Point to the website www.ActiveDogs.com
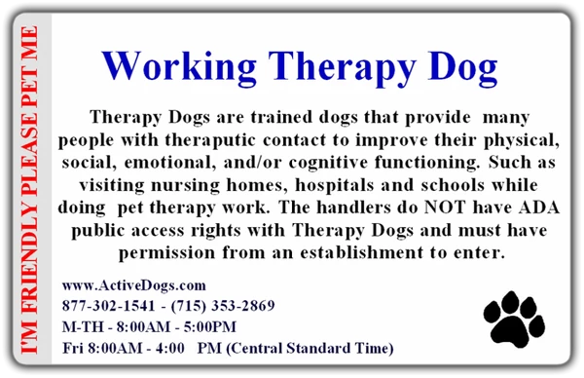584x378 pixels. [x=133, y=285]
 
